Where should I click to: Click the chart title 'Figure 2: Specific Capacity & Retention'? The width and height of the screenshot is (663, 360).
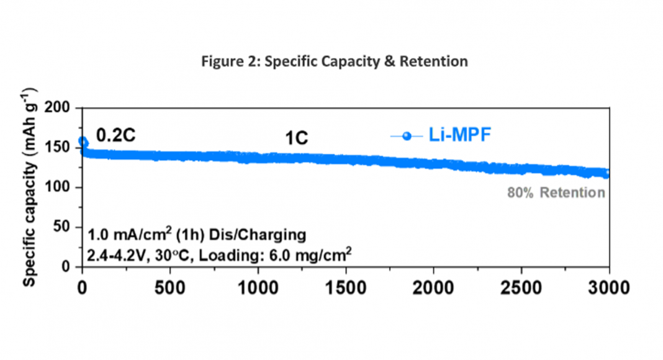click(x=335, y=62)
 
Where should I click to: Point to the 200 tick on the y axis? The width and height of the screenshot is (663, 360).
click(x=62, y=109)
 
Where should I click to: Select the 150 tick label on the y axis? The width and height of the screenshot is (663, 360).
click(x=62, y=148)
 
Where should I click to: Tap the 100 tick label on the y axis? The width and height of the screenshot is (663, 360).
click(x=62, y=187)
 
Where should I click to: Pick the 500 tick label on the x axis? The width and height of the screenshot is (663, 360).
click(x=169, y=287)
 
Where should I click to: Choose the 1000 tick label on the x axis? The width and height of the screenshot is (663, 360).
click(x=257, y=287)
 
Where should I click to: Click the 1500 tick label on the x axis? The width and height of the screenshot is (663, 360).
click(x=345, y=287)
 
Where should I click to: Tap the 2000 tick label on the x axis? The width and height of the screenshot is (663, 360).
click(x=433, y=287)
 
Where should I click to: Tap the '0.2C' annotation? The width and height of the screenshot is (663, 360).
click(x=115, y=135)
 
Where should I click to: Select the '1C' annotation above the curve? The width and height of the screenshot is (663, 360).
click(x=297, y=138)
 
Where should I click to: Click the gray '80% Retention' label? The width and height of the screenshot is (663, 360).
click(x=556, y=192)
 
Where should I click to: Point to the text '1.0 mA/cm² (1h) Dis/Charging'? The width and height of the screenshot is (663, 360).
click(x=196, y=235)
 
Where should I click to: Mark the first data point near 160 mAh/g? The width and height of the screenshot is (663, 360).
click(x=83, y=142)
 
